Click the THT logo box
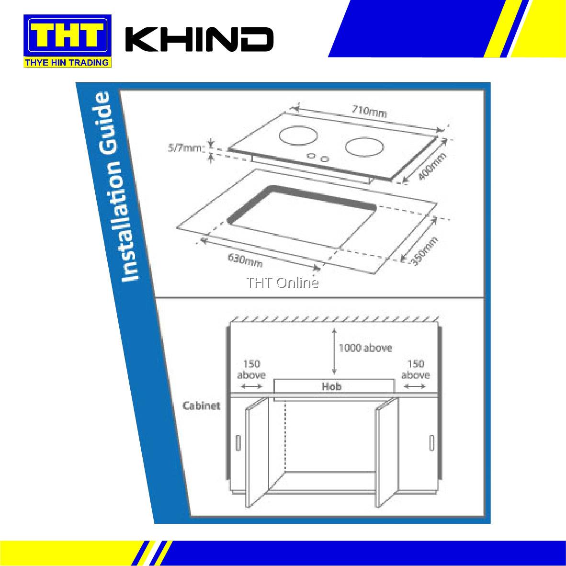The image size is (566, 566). pos(68,35)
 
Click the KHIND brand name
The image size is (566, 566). pos(199,39)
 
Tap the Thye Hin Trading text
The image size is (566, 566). pos(68,62)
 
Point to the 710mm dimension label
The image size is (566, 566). pos(369,111)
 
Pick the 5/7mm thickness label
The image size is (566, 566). pos(185,148)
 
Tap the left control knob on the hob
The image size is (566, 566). pos(311,156)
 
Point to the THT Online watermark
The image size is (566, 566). pos(283,283)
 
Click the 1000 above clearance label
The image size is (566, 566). pos(365,348)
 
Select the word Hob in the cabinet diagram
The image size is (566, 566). pos(332,386)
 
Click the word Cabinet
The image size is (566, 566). pos(202,406)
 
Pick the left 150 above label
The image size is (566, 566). pos(251,369)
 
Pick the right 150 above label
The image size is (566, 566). pos(415,369)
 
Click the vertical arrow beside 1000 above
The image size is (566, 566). pos(334,351)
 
